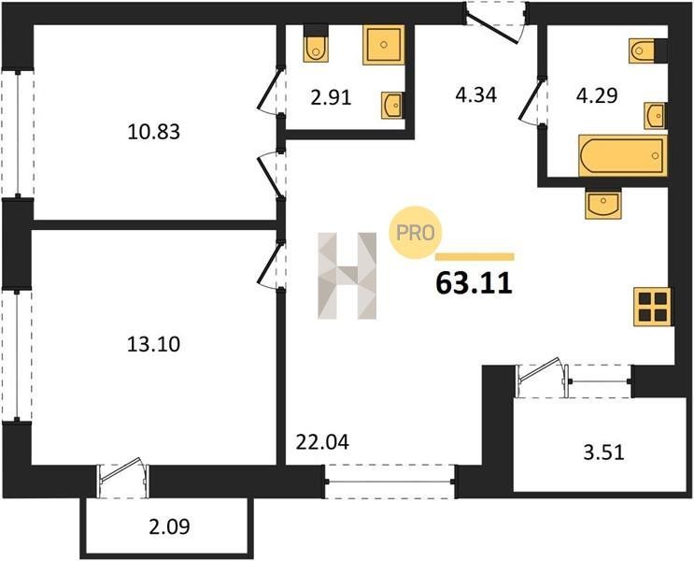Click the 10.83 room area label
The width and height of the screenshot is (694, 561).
click(153, 132)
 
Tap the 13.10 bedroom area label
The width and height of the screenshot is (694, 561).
click(153, 344)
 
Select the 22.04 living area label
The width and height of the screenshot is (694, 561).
click(322, 442)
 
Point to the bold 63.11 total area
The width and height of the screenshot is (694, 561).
click(474, 283)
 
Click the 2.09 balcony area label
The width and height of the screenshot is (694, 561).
click(169, 527)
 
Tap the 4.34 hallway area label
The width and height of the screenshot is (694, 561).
click(476, 95)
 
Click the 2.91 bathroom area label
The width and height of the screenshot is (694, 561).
click(331, 98)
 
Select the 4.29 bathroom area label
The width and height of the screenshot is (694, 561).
click(597, 95)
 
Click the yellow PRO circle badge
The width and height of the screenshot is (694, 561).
click(415, 233)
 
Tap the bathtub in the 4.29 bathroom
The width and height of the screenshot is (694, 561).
click(623, 156)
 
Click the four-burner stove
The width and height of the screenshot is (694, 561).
click(653, 307)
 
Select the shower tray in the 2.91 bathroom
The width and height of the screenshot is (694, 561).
click(384, 45)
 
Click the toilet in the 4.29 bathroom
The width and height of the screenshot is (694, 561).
click(642, 50)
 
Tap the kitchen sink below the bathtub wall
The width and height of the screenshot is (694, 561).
click(603, 203)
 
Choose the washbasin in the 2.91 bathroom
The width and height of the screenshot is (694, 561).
click(392, 106)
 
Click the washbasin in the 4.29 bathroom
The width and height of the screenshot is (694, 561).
click(655, 116)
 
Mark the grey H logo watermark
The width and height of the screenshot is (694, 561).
click(347, 275)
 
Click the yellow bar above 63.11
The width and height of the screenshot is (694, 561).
click(474, 256)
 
